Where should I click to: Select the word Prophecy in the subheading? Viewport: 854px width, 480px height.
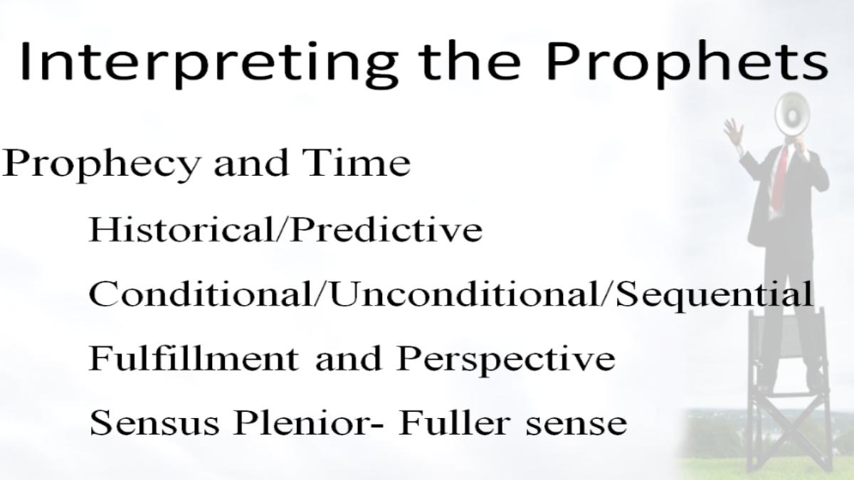[x=101, y=164]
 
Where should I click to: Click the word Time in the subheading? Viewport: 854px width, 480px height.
[x=357, y=162]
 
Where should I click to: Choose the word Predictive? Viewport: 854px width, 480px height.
[x=386, y=229]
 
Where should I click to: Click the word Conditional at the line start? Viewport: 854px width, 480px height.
[x=200, y=294]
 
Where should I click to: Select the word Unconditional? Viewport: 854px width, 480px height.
[x=465, y=294]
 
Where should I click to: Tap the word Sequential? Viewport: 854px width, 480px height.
[x=715, y=296]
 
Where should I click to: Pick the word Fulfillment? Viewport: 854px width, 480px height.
[x=194, y=358]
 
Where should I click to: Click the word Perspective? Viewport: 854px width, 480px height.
[x=505, y=361]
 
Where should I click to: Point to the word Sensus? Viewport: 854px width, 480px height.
[x=154, y=423]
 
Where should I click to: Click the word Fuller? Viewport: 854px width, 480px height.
[x=454, y=423]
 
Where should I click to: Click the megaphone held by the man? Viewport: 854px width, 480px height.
[x=791, y=114]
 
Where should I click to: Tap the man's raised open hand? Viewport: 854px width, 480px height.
[x=733, y=132]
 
